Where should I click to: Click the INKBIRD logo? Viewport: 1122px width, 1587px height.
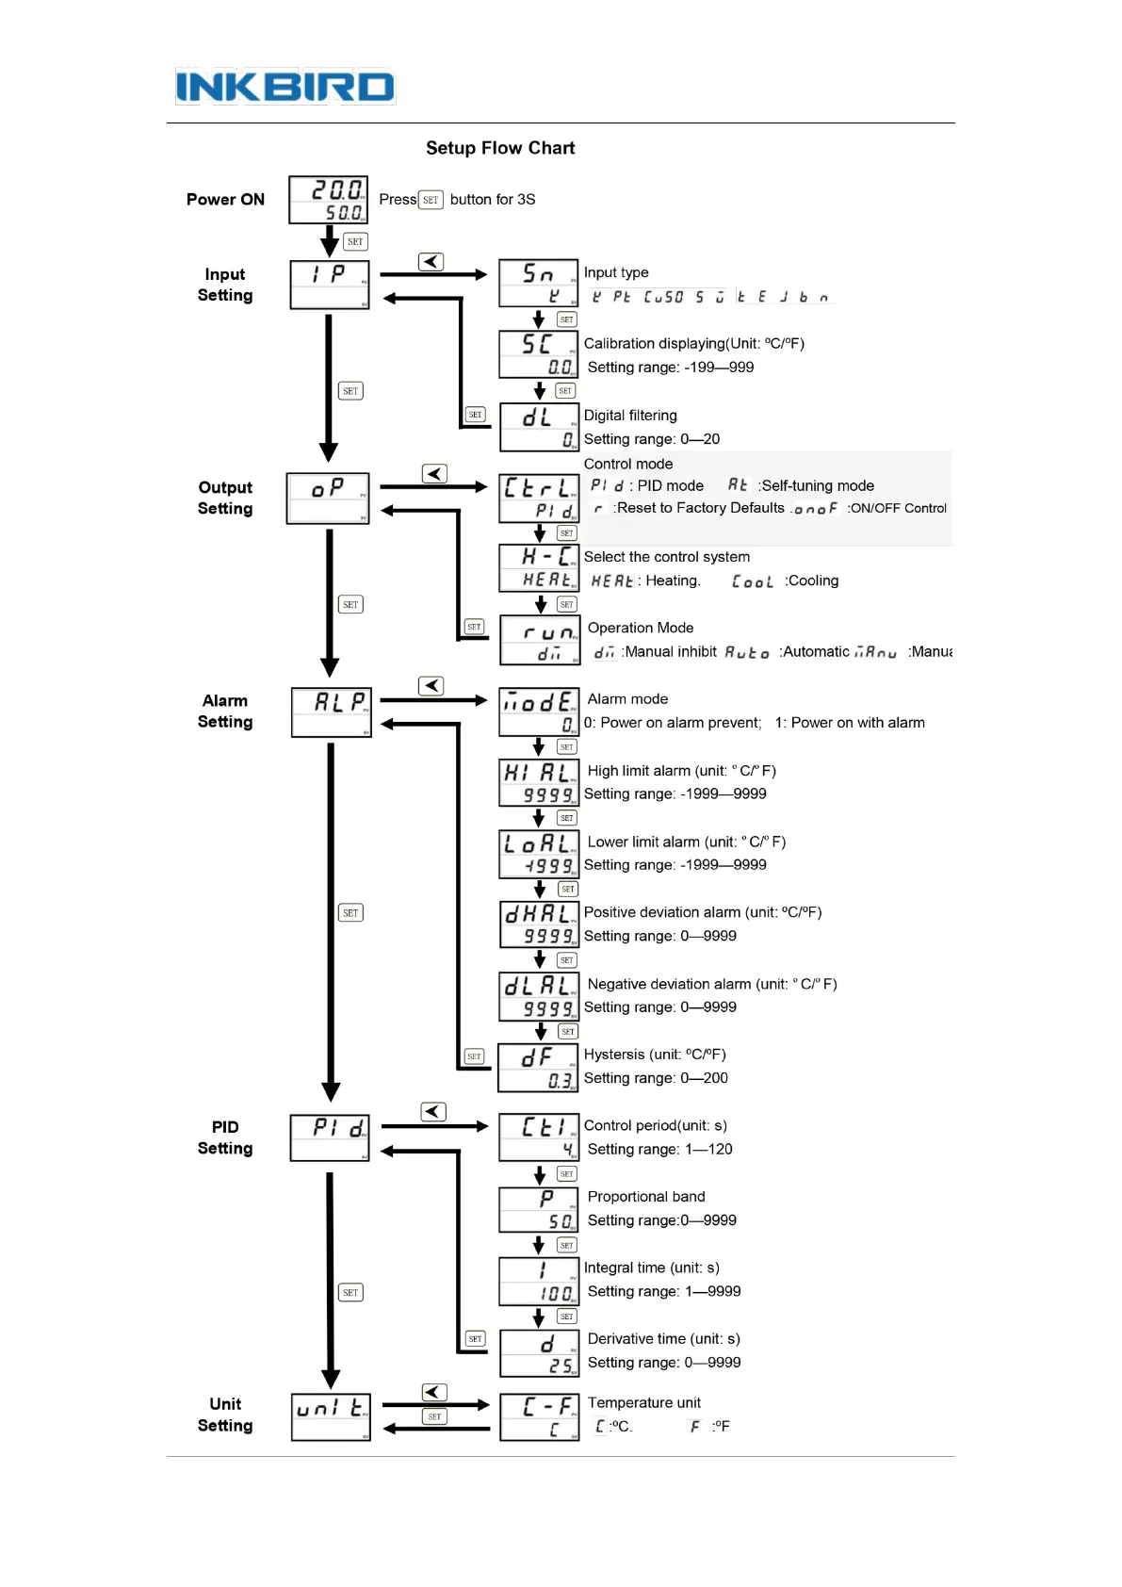(x=285, y=87)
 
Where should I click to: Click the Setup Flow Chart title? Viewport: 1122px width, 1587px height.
(x=500, y=148)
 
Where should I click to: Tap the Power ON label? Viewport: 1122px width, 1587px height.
(x=225, y=200)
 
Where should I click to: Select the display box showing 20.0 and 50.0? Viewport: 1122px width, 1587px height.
(x=328, y=200)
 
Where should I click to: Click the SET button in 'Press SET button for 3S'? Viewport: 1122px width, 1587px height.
(x=431, y=200)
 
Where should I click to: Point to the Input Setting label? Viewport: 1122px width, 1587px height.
(x=225, y=285)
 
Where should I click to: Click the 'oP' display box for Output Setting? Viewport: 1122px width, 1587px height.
(x=328, y=498)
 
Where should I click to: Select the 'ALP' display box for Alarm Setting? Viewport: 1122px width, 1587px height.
(x=332, y=712)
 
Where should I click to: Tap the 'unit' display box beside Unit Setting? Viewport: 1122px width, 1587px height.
(x=331, y=1416)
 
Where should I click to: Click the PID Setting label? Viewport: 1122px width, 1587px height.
(x=225, y=1137)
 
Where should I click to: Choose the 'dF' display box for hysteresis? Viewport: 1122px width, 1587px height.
(x=538, y=1068)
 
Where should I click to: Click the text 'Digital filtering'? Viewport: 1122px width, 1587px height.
(x=630, y=416)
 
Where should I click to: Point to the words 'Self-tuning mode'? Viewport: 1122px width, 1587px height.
(x=818, y=485)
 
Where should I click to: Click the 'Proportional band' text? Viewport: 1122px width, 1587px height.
(x=646, y=1197)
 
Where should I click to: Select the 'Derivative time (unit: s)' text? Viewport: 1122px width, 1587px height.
(x=663, y=1339)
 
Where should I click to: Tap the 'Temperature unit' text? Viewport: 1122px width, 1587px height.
(x=644, y=1402)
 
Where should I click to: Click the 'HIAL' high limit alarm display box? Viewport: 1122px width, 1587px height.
(x=538, y=783)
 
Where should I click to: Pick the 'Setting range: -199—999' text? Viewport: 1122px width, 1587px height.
(x=670, y=368)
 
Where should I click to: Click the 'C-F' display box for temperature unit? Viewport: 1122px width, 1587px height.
(x=538, y=1416)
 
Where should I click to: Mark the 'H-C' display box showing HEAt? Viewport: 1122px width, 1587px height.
(x=538, y=568)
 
